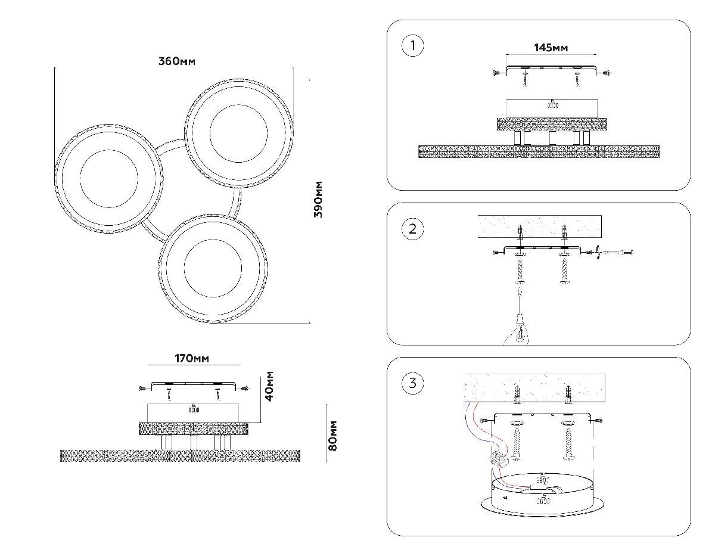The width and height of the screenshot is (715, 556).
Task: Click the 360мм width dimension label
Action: (177, 61)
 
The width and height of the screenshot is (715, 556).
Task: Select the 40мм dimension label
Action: (270, 386)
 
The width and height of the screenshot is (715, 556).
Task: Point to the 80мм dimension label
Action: (333, 435)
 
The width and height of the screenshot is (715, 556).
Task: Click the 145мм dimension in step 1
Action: (550, 48)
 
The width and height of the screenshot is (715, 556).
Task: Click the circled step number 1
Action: (412, 46)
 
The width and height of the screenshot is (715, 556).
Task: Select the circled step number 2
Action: (412, 229)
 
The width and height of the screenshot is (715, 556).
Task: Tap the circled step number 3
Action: (412, 383)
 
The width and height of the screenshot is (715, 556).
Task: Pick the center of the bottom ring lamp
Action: (213, 268)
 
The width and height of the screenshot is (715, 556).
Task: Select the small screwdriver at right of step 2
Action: (616, 253)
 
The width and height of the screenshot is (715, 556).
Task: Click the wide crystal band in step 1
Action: (539, 151)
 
